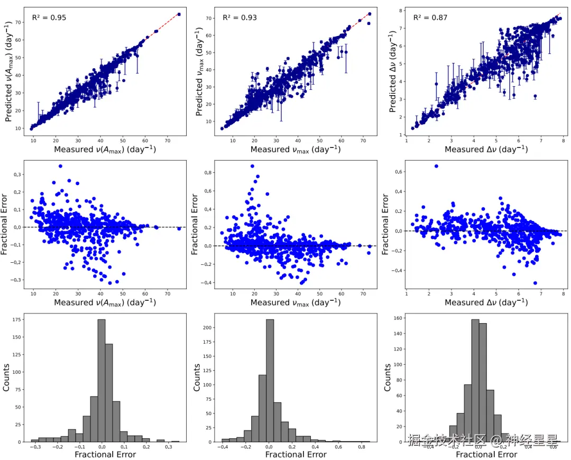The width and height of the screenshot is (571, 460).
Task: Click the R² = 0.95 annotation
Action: point(49,17)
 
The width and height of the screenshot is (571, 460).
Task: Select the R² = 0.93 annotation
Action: point(240,17)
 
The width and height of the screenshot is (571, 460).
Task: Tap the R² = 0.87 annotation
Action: point(430,17)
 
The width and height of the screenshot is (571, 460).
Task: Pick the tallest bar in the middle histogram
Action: point(270,380)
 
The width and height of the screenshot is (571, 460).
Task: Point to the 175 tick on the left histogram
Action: point(16,319)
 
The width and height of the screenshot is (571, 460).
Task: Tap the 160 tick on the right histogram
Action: point(397,318)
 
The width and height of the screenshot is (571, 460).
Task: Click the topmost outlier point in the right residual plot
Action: point(436,166)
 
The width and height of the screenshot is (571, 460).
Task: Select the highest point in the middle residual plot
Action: point(252,166)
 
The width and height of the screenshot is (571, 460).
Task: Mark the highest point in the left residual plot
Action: point(60,166)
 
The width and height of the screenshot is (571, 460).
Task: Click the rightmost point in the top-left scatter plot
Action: point(179,14)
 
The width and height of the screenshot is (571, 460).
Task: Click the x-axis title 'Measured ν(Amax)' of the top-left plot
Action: point(105,150)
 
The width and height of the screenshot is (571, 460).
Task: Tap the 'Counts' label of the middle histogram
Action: point(197,378)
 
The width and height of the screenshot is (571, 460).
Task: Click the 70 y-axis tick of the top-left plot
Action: point(17,23)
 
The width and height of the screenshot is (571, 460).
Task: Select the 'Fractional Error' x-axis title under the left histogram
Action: point(105,454)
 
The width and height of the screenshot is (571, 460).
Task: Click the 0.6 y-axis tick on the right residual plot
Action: point(398,171)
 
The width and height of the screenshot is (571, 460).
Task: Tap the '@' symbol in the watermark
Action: point(495,440)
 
